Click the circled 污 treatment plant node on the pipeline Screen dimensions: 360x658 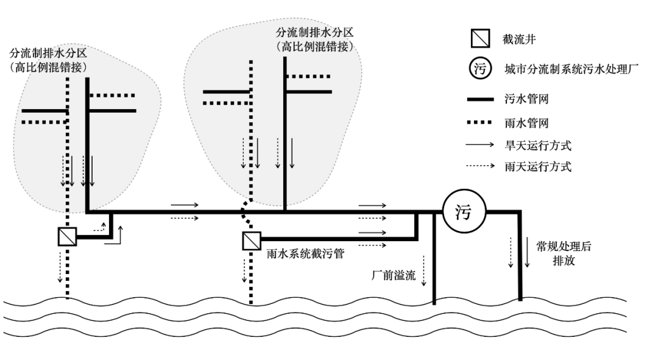[x=464, y=212]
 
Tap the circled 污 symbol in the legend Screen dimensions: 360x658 [x=480, y=68]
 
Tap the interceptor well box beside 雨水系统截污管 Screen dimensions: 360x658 [x=250, y=242]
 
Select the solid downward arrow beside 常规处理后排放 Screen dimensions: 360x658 [x=527, y=253]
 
